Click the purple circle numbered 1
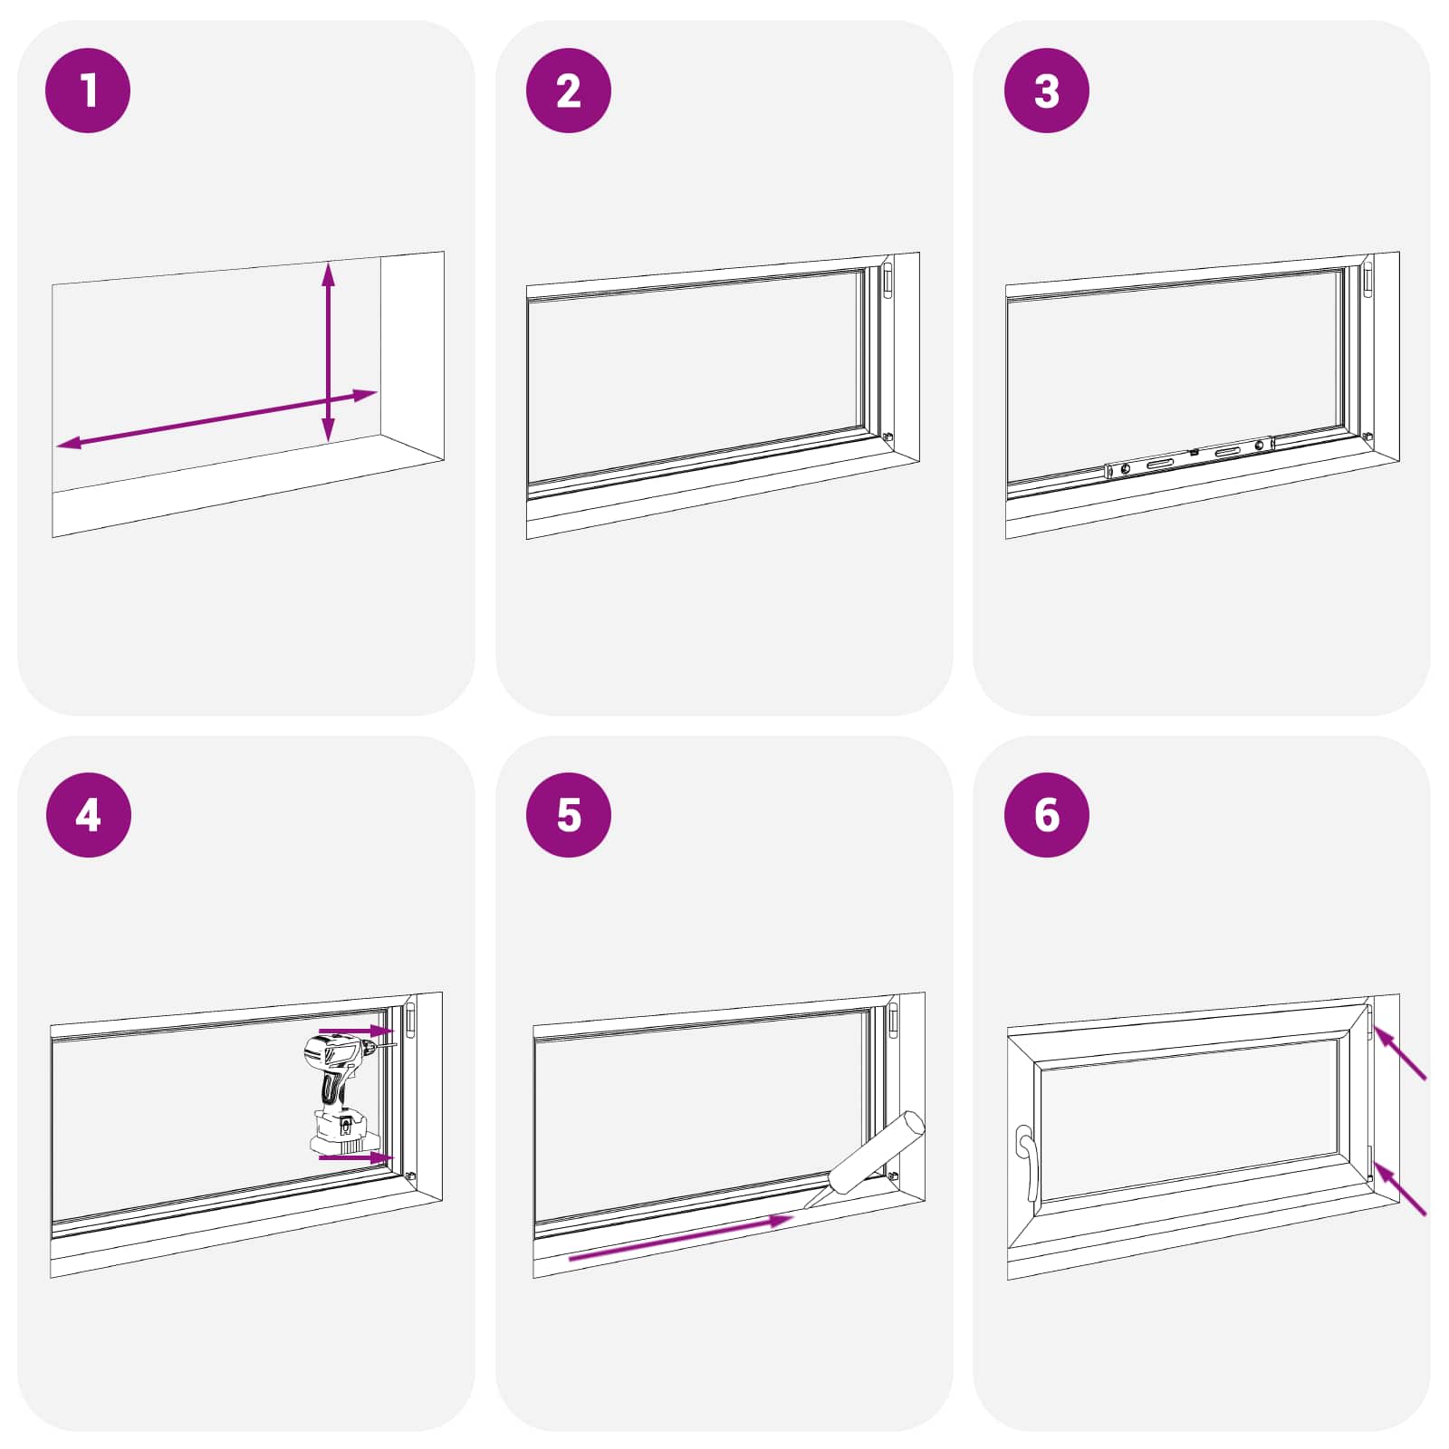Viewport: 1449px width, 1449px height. click(x=88, y=91)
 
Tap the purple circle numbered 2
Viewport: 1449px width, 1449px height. click(x=568, y=91)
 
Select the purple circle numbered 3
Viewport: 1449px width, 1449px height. click(x=1046, y=91)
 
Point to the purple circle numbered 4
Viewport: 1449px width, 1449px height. click(x=88, y=814)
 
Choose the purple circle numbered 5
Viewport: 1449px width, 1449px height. click(x=568, y=814)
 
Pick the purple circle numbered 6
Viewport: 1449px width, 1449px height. click(x=1046, y=814)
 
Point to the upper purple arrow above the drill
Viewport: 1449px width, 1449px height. click(x=356, y=1031)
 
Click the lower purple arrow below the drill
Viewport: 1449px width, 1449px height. click(x=356, y=1157)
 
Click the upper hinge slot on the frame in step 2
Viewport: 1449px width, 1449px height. click(x=888, y=280)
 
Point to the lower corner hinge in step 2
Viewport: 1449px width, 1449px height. click(x=888, y=437)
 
